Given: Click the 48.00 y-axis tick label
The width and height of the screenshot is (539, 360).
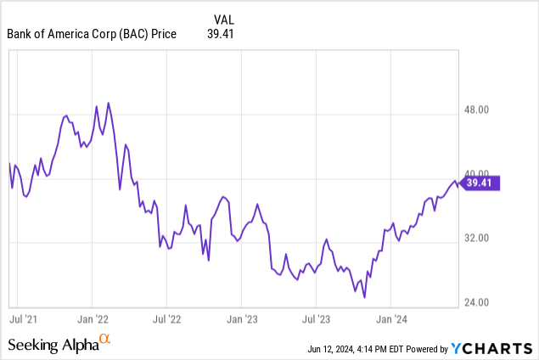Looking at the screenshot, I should [480, 110].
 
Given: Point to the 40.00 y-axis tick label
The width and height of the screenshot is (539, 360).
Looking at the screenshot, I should [480, 174].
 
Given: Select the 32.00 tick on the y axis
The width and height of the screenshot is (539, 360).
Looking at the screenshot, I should [480, 239].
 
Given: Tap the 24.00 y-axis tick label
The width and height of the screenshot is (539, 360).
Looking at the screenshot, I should [480, 303].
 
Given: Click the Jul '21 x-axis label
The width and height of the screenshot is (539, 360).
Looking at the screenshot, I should [22, 320].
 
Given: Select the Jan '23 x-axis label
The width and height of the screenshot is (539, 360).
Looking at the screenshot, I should [240, 320].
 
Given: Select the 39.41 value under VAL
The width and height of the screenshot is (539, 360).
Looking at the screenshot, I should [221, 34].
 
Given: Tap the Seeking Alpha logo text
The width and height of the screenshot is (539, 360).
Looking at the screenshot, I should [53, 344].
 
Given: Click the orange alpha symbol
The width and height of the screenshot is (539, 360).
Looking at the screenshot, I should [105, 341].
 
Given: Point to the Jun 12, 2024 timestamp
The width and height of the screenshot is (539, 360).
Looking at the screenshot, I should [340, 349].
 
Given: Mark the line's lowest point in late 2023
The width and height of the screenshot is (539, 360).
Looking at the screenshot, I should [363, 297].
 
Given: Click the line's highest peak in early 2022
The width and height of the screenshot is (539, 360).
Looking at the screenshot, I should [109, 103].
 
